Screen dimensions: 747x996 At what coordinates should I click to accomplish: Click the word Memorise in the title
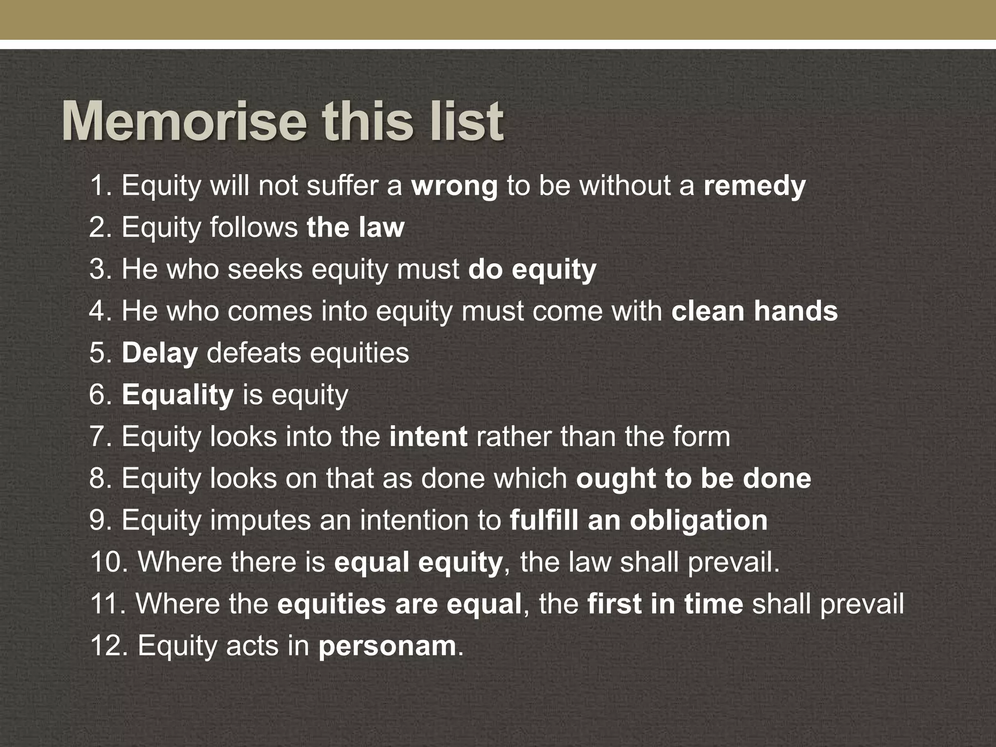(x=184, y=122)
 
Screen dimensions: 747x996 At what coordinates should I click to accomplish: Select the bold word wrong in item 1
(x=454, y=186)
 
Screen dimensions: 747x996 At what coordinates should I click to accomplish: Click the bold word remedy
(x=754, y=186)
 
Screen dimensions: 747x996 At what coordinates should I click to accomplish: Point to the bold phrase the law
(x=356, y=228)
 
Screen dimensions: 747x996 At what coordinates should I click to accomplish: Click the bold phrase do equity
(x=532, y=269)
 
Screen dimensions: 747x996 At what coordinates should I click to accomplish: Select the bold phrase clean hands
(x=754, y=311)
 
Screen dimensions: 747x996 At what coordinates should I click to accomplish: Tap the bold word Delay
(x=160, y=353)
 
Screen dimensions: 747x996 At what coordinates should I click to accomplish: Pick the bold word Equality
(x=178, y=395)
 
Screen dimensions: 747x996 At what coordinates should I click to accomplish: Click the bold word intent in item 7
(x=428, y=437)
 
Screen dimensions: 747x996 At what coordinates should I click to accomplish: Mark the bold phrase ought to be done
(x=694, y=479)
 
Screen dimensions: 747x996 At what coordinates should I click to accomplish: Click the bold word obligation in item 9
(x=699, y=520)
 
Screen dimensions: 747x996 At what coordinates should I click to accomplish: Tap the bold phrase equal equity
(x=418, y=563)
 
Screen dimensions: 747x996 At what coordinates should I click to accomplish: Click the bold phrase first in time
(x=665, y=605)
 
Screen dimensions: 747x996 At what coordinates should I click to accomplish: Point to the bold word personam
(x=387, y=646)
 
